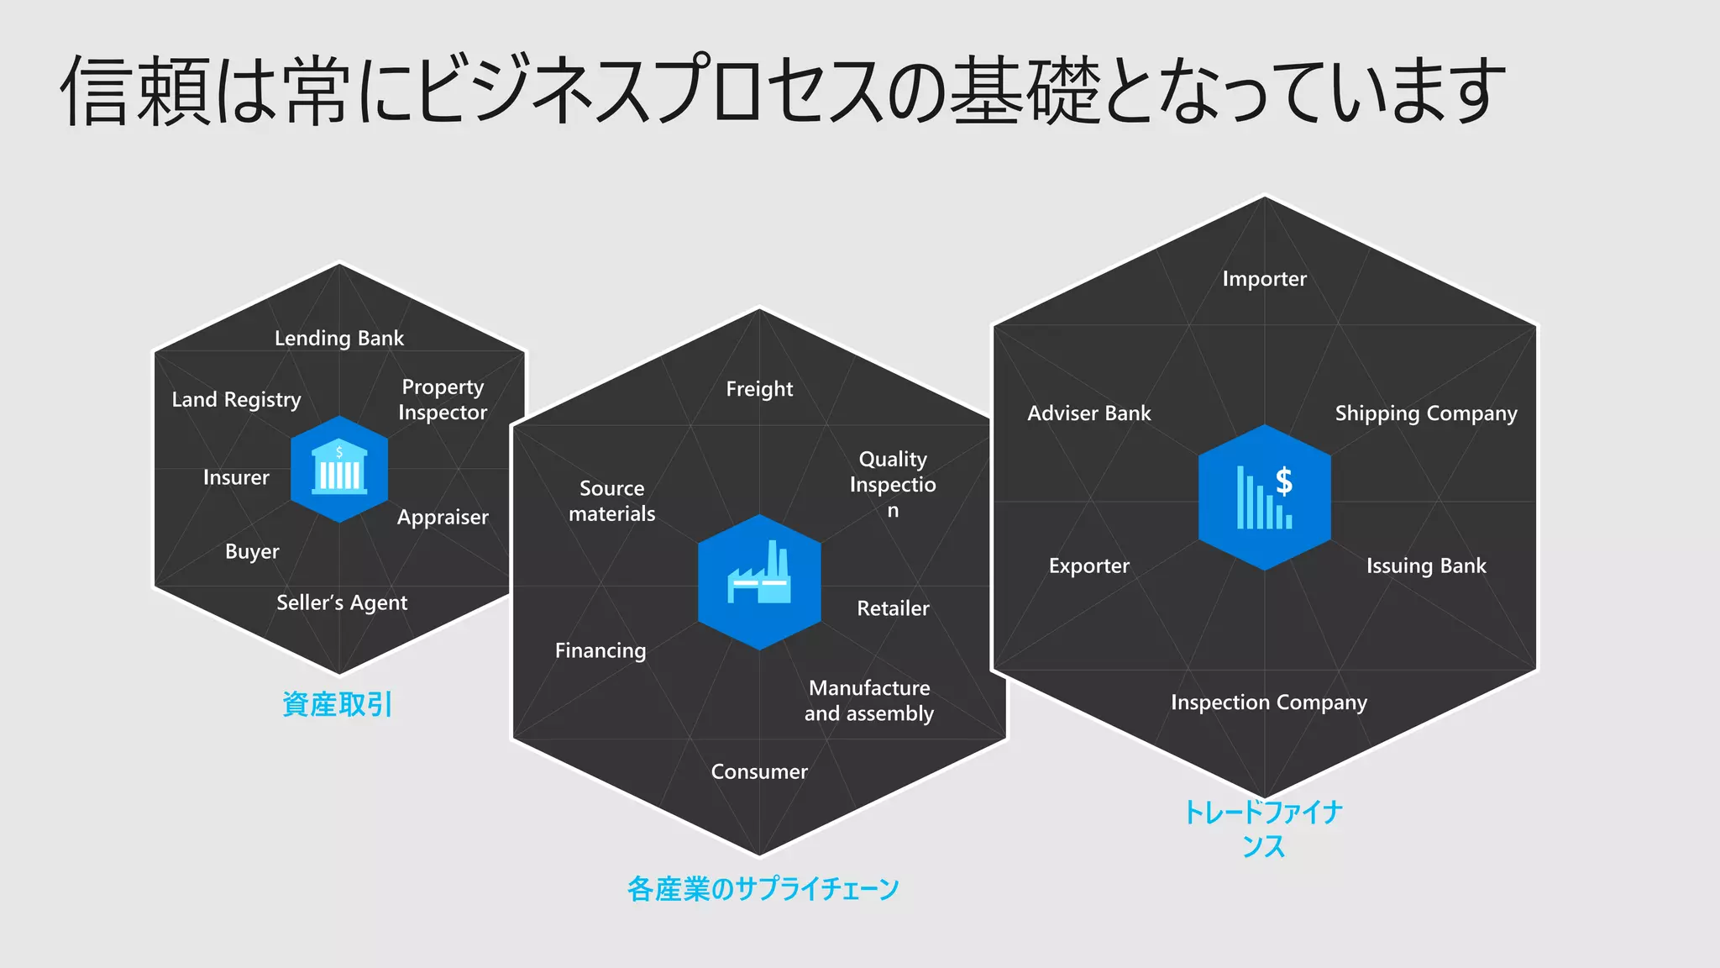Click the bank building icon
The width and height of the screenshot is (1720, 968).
[x=339, y=469]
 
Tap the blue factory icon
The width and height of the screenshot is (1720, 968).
[x=759, y=581]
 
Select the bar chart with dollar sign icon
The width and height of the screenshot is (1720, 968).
[x=1264, y=497]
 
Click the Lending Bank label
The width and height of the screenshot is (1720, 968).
[x=339, y=338]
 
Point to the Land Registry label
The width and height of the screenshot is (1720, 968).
[x=236, y=399]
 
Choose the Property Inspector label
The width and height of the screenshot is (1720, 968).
[x=443, y=399]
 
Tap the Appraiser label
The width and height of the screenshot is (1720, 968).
[x=443, y=517]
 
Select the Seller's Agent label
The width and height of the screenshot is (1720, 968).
[x=342, y=602]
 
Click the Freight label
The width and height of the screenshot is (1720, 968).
[x=759, y=389]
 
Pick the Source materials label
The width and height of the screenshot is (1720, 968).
[x=612, y=501]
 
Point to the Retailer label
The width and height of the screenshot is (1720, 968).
[x=893, y=608]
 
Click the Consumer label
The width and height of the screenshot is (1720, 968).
[x=759, y=771]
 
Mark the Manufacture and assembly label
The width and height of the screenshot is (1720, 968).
[x=869, y=701]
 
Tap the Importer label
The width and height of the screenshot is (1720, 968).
[x=1264, y=279]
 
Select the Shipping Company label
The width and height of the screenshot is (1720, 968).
[x=1426, y=413]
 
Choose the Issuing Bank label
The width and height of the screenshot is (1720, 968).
[x=1426, y=566]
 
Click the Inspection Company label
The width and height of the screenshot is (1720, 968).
[x=1269, y=702]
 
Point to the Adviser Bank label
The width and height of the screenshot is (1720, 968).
[x=1089, y=413]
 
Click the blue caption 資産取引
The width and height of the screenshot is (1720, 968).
[x=338, y=704]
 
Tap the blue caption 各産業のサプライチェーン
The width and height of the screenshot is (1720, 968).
[x=763, y=889]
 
